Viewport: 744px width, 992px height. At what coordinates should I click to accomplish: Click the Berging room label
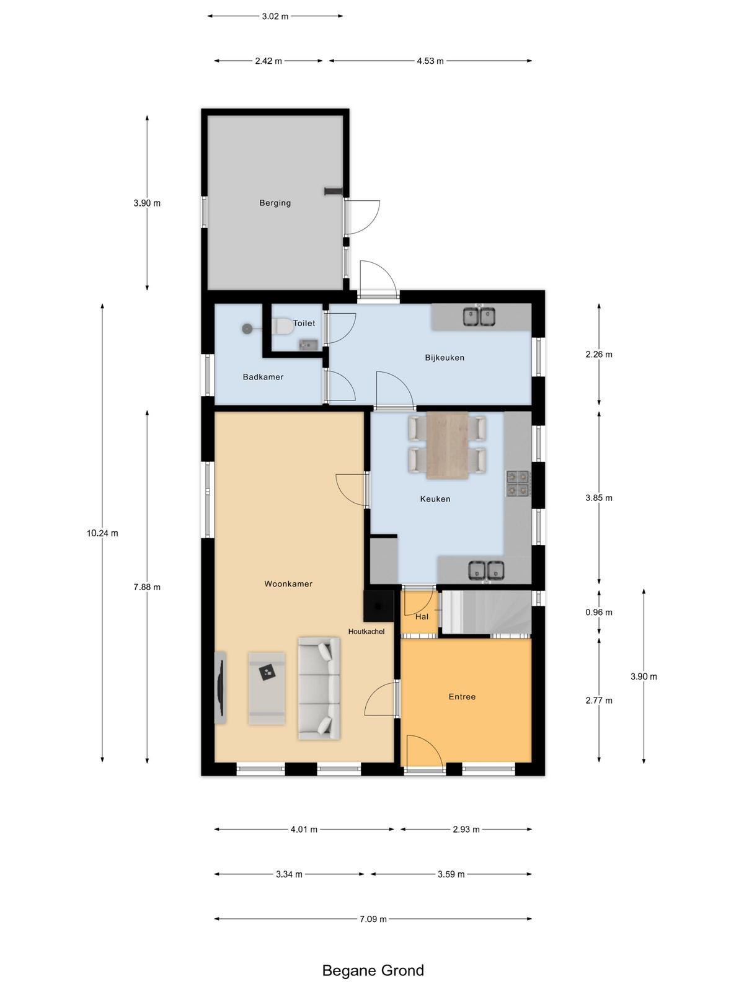click(x=275, y=203)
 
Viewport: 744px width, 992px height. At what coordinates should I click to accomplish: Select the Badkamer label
click(x=263, y=377)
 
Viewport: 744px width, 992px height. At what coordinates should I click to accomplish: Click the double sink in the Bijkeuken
click(x=479, y=316)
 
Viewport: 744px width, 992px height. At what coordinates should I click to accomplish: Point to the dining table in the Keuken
click(x=448, y=445)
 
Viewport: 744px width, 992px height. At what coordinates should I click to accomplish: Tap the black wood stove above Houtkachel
click(x=379, y=606)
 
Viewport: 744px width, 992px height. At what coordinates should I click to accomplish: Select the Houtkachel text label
click(x=366, y=631)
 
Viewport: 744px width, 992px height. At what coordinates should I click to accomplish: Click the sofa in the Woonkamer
click(x=319, y=688)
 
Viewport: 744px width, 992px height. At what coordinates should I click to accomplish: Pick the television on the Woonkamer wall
click(x=220, y=688)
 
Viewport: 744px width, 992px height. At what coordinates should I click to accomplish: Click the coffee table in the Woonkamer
click(x=267, y=688)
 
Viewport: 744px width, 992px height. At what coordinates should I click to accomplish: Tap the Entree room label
click(x=462, y=696)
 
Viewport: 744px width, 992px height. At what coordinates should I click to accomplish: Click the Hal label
click(x=422, y=616)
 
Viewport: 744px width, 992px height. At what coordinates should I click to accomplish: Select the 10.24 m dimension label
click(x=102, y=533)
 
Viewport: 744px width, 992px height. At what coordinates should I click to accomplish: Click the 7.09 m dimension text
click(x=373, y=919)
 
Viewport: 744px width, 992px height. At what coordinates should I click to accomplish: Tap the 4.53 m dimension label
click(x=430, y=61)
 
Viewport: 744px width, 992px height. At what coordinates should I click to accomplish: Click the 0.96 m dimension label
click(x=599, y=613)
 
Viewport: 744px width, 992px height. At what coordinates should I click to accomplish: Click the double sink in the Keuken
click(x=486, y=570)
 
